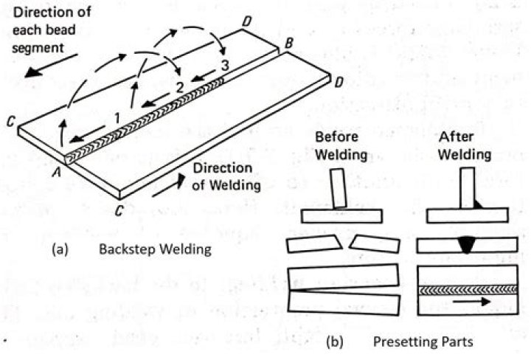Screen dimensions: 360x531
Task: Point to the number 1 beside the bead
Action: pos(116,117)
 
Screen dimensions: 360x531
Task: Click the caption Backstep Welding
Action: pos(154,249)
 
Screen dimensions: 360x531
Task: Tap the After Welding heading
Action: pos(465,146)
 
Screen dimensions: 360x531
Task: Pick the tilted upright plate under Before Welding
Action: pos(339,187)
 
